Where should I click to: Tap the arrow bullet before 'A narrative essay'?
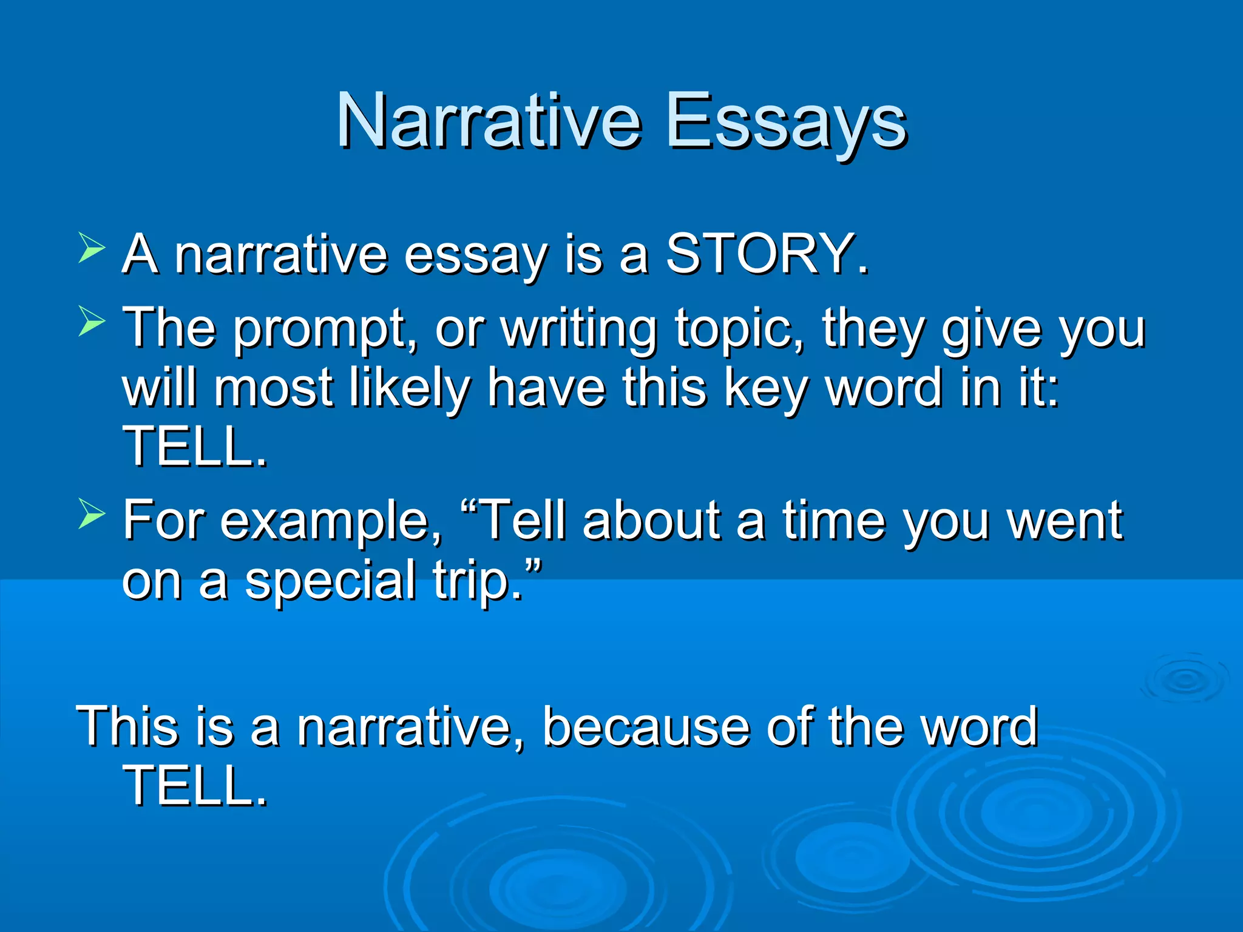click(92, 249)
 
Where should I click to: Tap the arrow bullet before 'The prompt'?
click(92, 321)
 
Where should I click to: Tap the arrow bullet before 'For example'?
click(92, 515)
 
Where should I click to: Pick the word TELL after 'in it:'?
click(194, 447)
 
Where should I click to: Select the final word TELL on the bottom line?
click(194, 786)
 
